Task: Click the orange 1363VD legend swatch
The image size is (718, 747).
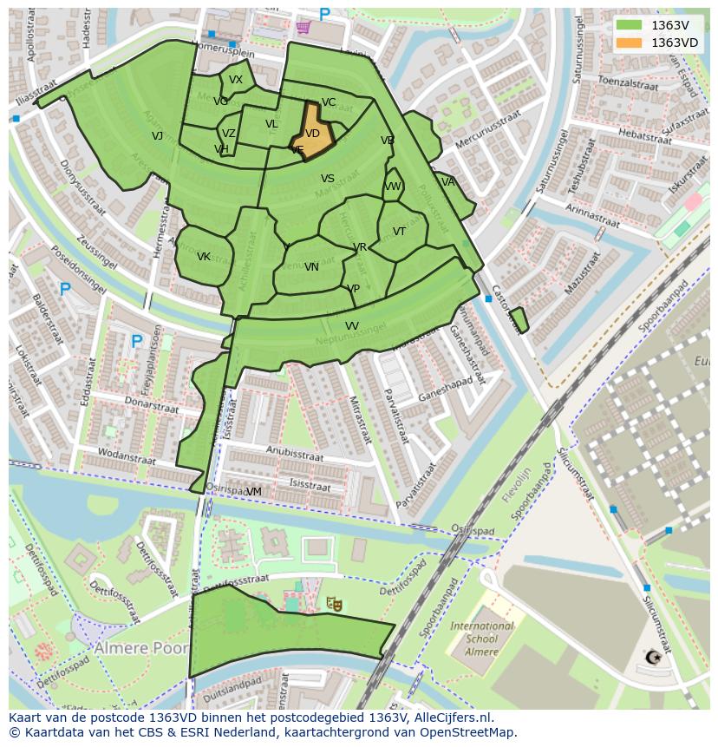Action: [630, 43]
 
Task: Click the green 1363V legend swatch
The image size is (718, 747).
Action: [630, 25]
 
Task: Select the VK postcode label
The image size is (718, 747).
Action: [204, 257]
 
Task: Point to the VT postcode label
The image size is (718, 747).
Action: [399, 232]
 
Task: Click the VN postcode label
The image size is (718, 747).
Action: [311, 267]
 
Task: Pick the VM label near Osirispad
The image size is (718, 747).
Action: [254, 492]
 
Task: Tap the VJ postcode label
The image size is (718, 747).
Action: [157, 136]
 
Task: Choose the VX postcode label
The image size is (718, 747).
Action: [236, 80]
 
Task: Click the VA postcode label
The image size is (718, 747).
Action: [447, 182]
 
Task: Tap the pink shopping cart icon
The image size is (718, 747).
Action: [303, 27]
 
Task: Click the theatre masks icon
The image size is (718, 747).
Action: [333, 603]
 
